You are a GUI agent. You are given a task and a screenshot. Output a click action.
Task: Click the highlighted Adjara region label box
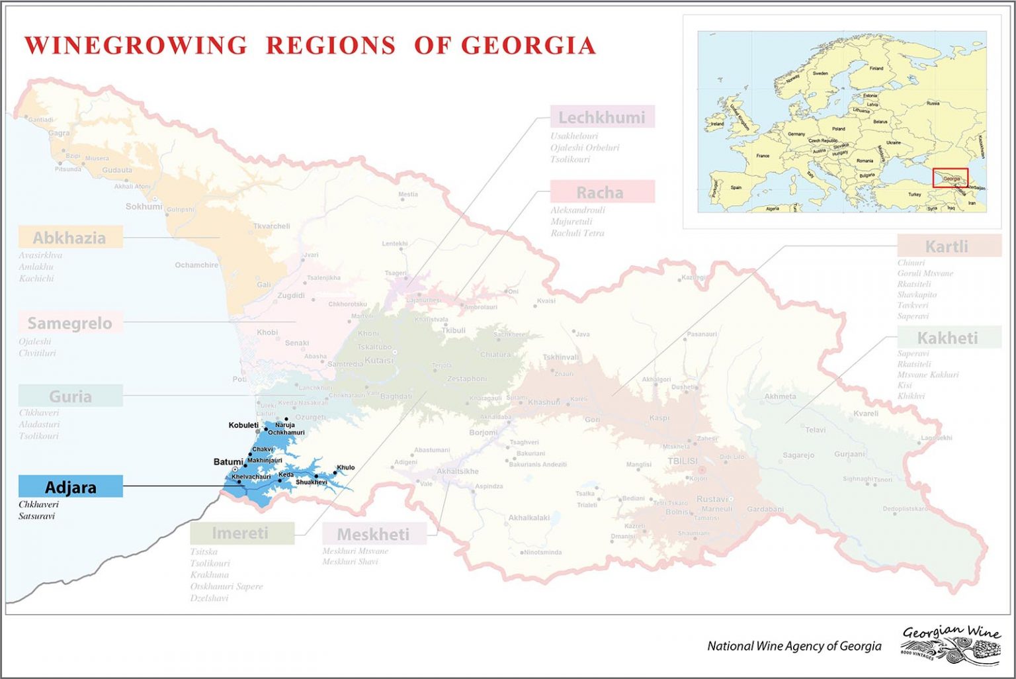pyautogui.click(x=71, y=487)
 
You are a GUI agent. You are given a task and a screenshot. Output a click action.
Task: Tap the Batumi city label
pyautogui.click(x=228, y=461)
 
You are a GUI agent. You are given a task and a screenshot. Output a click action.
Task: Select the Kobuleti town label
pyautogui.click(x=243, y=425)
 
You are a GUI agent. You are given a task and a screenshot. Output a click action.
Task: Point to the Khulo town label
pyautogui.click(x=346, y=467)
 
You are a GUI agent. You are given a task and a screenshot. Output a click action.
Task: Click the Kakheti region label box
pyautogui.click(x=948, y=338)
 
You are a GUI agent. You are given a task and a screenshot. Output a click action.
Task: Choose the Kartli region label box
pyautogui.click(x=948, y=246)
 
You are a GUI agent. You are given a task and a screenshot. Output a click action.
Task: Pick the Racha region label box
pyautogui.click(x=601, y=192)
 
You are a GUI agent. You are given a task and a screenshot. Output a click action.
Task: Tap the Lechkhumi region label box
pyautogui.click(x=602, y=117)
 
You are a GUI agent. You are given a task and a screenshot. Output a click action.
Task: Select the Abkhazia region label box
pyautogui.click(x=70, y=238)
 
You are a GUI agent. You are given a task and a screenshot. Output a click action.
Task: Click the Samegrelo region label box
pyautogui.click(x=70, y=323)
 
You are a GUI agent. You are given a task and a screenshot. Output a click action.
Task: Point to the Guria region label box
pyautogui.click(x=71, y=396)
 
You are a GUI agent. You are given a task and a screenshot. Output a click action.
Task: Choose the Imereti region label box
pyautogui.click(x=241, y=533)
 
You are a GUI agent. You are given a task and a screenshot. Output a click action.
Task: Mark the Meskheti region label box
pyautogui.click(x=374, y=533)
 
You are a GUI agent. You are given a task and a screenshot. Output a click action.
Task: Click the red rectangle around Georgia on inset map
pyautogui.click(x=951, y=178)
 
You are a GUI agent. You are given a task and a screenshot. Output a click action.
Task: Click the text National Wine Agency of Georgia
pyautogui.click(x=794, y=646)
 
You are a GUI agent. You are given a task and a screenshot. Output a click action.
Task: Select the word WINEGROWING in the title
pyautogui.click(x=136, y=45)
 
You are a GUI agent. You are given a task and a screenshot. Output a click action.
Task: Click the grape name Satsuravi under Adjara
pyautogui.click(x=36, y=516)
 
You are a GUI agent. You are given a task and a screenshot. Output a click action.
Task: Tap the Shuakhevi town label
pyautogui.click(x=311, y=482)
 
